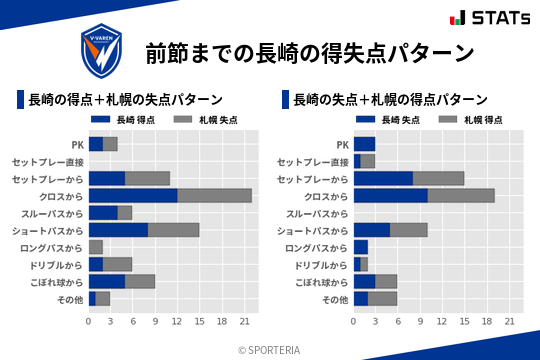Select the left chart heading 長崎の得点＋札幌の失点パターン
click(x=125, y=100)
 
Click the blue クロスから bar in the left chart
click(x=133, y=195)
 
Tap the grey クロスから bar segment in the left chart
click(x=215, y=195)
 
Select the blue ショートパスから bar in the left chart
click(x=118, y=230)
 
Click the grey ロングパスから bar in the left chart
click(x=96, y=247)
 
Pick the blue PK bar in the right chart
click(x=364, y=144)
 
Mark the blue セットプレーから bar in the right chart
click(x=383, y=178)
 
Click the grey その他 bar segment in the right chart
click(x=383, y=298)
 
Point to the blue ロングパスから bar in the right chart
click(x=361, y=247)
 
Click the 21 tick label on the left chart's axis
click(x=245, y=321)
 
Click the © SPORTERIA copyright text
click(x=270, y=349)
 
